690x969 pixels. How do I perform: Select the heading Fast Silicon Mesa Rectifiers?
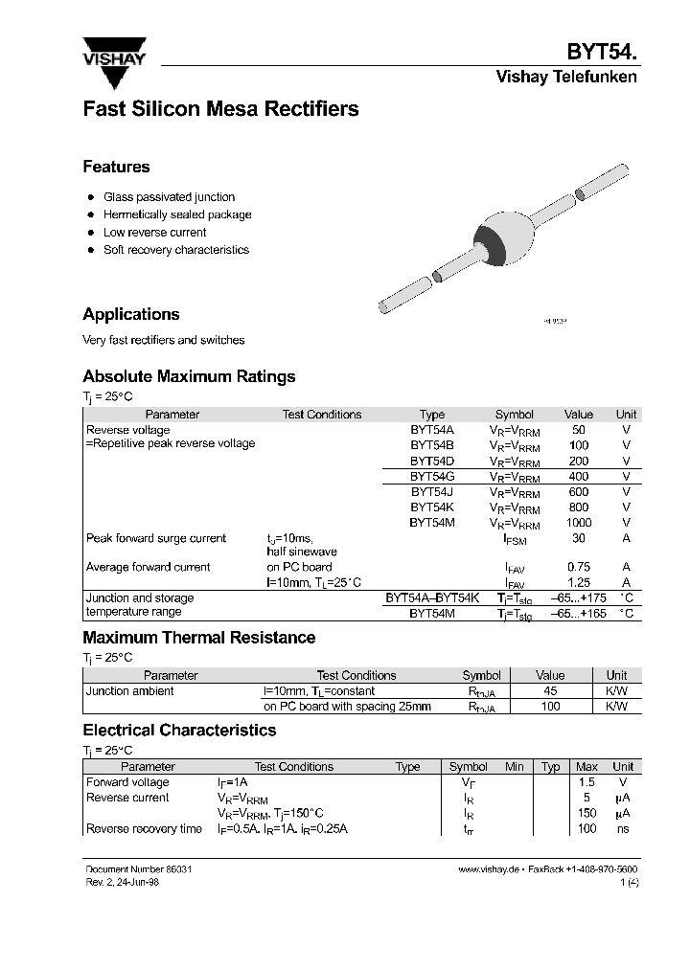pyautogui.click(x=220, y=109)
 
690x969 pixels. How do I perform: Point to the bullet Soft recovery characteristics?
pyautogui.click(x=175, y=250)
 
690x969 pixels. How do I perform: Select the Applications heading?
pyautogui.click(x=131, y=314)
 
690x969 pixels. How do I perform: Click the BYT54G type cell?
pyautogui.click(x=432, y=476)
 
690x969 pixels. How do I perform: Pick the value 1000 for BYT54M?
pyautogui.click(x=579, y=523)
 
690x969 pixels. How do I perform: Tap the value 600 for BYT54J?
pyautogui.click(x=579, y=491)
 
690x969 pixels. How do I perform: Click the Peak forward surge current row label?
pyautogui.click(x=156, y=538)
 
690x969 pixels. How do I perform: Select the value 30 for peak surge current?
pyautogui.click(x=579, y=538)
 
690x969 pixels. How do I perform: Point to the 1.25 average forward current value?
pyautogui.click(x=579, y=582)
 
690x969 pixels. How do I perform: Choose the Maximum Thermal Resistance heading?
pyautogui.click(x=199, y=638)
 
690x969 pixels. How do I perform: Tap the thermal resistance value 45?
pyautogui.click(x=550, y=690)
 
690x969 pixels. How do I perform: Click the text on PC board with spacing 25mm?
pyautogui.click(x=347, y=707)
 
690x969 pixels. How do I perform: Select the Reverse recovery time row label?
pyautogui.click(x=144, y=828)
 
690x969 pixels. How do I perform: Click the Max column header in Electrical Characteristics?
pyautogui.click(x=586, y=767)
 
